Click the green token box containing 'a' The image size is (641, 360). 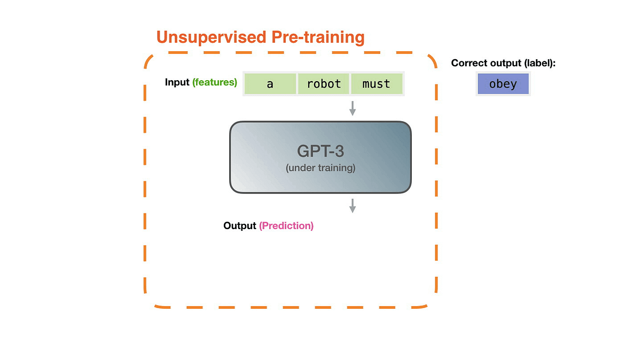(270, 84)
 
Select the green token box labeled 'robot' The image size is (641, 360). (324, 84)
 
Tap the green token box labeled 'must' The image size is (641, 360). (376, 84)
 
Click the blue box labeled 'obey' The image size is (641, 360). (503, 84)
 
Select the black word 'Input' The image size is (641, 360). (177, 82)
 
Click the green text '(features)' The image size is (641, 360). (215, 82)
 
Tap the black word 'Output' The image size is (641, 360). (240, 226)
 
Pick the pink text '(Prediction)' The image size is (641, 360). (286, 226)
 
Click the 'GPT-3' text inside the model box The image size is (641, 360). (320, 151)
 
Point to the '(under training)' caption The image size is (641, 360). (320, 168)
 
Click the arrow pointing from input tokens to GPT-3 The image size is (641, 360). (352, 108)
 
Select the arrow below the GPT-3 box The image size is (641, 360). (352, 205)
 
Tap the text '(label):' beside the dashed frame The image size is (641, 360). (540, 63)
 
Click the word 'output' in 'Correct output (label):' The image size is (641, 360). (505, 63)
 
